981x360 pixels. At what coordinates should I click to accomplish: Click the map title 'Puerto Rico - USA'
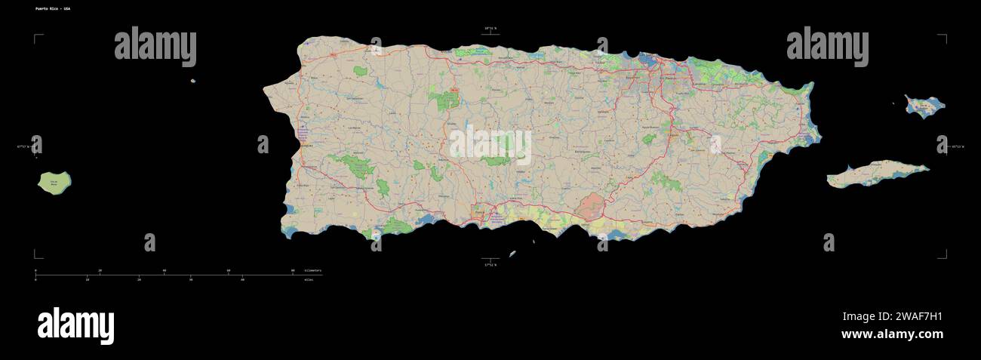tap(53, 8)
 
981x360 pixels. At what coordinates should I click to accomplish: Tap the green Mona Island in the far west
tap(55, 183)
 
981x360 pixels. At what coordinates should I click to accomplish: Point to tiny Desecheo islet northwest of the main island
tap(193, 81)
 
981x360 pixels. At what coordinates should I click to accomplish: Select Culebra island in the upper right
tap(923, 106)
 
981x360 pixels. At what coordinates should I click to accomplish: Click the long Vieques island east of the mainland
tap(875, 174)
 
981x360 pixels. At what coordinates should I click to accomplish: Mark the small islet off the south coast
tap(512, 254)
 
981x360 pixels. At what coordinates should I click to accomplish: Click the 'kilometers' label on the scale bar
tap(312, 270)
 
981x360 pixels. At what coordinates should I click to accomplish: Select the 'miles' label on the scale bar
tap(309, 279)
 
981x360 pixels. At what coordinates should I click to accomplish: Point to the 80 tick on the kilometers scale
tap(293, 270)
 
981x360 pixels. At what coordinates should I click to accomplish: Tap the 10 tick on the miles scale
tap(87, 279)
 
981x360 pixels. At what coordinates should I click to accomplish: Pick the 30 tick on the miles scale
tap(190, 279)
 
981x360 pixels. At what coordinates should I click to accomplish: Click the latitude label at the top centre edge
tap(490, 29)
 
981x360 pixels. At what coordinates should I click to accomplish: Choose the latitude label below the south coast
tap(490, 265)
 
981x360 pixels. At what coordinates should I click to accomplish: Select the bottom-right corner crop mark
tap(943, 254)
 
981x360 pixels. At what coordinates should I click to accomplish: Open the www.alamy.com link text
tap(892, 334)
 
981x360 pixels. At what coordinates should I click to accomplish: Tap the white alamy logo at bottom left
tap(75, 326)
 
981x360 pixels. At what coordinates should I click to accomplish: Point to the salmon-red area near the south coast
tap(592, 206)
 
